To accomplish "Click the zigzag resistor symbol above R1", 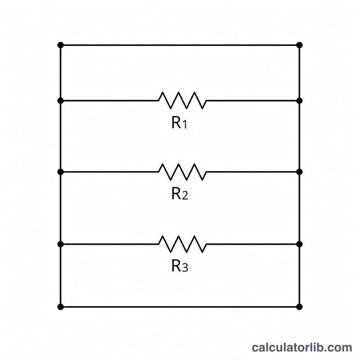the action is (x=183, y=100).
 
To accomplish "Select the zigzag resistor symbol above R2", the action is (x=183, y=172).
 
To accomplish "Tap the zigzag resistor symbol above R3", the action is (x=183, y=244).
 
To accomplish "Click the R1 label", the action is (x=179, y=122).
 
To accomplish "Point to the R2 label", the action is (x=180, y=193).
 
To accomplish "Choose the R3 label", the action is (x=180, y=266).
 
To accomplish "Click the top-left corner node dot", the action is (x=61, y=45).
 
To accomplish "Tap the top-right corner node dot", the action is (x=299, y=45).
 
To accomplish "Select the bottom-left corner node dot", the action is (x=61, y=307).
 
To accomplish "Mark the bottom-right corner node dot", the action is (x=299, y=307).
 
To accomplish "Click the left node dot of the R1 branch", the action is (x=61, y=100).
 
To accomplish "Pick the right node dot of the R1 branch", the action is (x=299, y=100).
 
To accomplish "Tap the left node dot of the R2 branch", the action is (x=61, y=172).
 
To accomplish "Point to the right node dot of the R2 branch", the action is (x=299, y=172).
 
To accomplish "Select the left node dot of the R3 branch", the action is (x=61, y=244).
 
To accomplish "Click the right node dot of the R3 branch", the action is (x=299, y=244).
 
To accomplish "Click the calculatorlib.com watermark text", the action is (x=302, y=347).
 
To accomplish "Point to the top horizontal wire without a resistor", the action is (x=180, y=45).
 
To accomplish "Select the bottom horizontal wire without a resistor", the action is (x=180, y=307).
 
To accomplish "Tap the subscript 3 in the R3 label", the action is (x=185, y=268).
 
